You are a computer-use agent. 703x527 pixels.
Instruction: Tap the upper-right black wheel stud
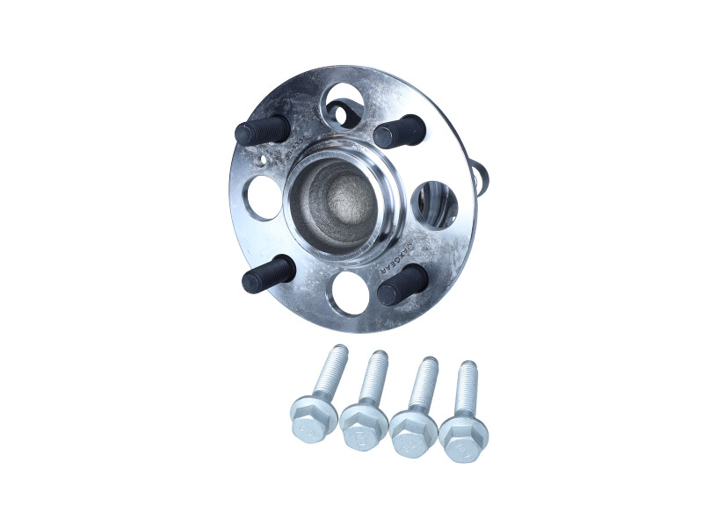[x=399, y=132]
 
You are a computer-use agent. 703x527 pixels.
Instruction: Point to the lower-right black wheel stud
[x=402, y=285]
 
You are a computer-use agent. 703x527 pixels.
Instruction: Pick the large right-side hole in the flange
[x=433, y=204]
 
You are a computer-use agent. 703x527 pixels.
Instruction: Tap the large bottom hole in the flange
[x=350, y=293]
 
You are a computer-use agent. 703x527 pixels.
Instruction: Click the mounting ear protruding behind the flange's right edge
[x=482, y=176]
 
